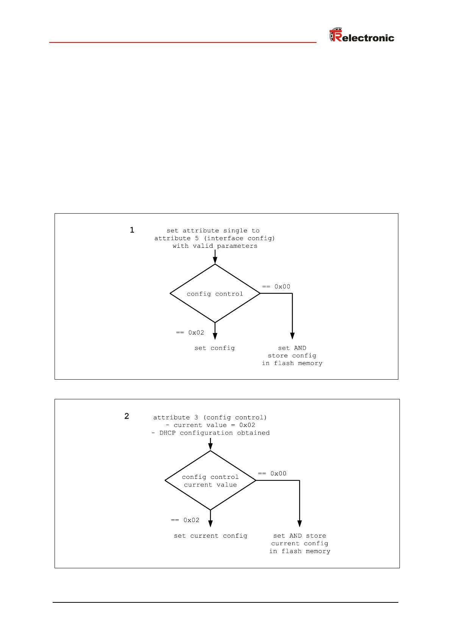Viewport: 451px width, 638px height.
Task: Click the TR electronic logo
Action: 362,35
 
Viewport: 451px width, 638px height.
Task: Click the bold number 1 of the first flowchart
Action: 132,230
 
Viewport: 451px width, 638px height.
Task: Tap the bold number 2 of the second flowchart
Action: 127,416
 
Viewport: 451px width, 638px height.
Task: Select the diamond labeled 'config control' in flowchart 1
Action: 215,294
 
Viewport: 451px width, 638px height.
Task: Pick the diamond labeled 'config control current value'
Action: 210,480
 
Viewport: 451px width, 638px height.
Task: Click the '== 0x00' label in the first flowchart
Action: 276,287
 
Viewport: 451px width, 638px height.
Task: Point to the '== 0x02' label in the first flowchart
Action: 190,333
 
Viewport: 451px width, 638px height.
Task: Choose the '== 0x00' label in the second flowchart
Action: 272,474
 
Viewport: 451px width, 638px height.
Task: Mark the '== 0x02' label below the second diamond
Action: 185,520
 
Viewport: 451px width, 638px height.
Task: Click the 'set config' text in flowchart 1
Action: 215,348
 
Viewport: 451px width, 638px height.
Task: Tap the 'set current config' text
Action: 211,536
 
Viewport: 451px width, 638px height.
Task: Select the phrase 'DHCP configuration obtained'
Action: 214,433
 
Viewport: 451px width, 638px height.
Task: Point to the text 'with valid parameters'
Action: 215,246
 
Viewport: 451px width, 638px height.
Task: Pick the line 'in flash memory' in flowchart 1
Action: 292,363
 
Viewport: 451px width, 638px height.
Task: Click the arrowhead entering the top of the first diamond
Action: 215,260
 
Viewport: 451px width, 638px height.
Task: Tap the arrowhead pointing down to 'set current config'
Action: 211,524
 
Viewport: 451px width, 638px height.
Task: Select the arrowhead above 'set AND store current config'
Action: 300,524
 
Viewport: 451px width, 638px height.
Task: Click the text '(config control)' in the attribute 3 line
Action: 235,418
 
